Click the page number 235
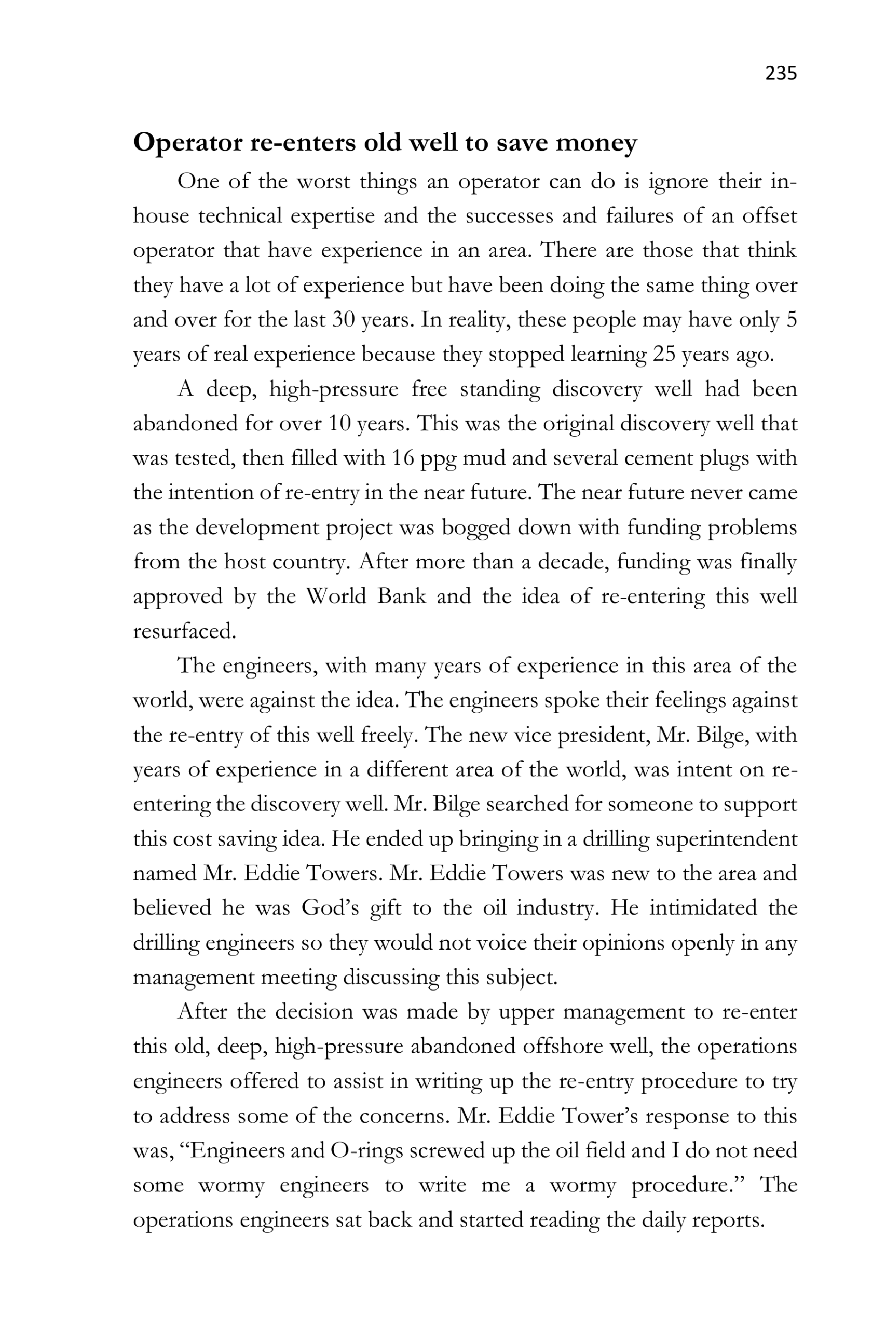pyautogui.click(x=781, y=73)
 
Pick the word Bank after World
pyautogui.click(x=401, y=596)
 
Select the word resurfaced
pyautogui.click(x=184, y=631)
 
